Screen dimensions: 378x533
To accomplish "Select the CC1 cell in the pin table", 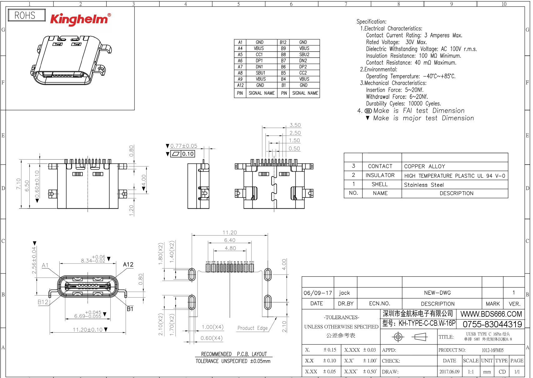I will coord(259,54).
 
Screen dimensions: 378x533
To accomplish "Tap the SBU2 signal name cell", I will coord(304,54).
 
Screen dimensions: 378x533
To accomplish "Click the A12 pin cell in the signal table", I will coord(240,85).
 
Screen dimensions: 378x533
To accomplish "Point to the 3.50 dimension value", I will coord(295,125).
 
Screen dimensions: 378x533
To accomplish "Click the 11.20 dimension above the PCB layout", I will coord(230,232).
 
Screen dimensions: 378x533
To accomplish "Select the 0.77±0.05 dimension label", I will coord(184,146).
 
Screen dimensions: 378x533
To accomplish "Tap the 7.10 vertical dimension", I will coord(18,184).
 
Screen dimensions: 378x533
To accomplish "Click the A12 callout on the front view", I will coord(128,265).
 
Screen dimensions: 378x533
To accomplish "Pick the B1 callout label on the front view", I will coord(130,309).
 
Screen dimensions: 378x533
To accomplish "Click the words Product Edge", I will coord(252,328).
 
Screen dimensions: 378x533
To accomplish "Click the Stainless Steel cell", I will coord(424,185).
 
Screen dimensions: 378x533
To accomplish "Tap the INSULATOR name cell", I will coord(380,176).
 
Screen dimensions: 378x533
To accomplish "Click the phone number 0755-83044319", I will coord(492,324).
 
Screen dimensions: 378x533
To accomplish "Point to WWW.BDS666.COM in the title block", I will coord(491,314).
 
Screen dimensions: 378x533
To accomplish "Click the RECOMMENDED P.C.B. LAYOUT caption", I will coord(234,354).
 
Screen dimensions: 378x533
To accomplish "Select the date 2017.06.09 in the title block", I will coord(449,372).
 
